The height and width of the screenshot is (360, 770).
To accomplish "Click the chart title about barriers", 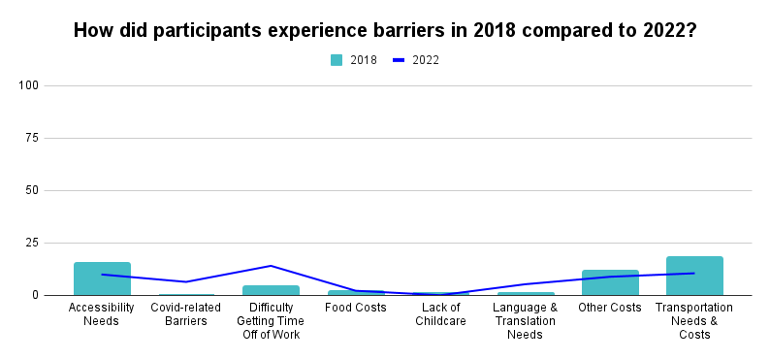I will click(x=385, y=30).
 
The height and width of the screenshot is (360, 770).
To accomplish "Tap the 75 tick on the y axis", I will click(x=32, y=138).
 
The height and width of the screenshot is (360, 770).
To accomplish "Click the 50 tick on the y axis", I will click(x=32, y=190).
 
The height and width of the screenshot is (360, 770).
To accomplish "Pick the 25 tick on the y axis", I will click(x=32, y=243).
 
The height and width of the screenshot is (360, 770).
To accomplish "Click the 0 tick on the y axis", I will click(x=35, y=295).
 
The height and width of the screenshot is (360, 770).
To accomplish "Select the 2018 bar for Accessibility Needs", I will click(x=102, y=278).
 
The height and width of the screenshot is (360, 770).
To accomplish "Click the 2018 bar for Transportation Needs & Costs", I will click(x=694, y=276).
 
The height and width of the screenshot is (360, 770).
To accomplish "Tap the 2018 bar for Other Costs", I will click(x=610, y=282).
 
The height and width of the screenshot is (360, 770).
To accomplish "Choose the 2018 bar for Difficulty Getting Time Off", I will click(x=271, y=290).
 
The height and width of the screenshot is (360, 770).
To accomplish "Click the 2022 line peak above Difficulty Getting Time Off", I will click(x=271, y=266).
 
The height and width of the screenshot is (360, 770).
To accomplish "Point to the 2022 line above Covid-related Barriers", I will click(x=186, y=281).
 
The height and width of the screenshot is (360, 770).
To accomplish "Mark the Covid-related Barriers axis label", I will click(x=186, y=314).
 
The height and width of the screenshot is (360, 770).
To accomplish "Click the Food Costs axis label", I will click(x=356, y=308).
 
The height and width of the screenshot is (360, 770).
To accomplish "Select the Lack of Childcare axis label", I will click(x=440, y=314).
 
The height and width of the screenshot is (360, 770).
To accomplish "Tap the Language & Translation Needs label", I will click(x=525, y=321).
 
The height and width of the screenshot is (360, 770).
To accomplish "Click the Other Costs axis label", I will click(x=610, y=308).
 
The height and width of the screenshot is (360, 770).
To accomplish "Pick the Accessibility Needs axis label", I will click(x=102, y=314).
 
